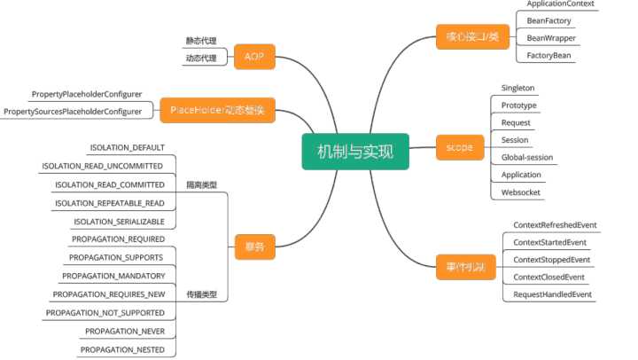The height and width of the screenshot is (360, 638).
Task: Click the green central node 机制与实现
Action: (x=354, y=151)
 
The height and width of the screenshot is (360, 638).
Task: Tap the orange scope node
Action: (x=460, y=147)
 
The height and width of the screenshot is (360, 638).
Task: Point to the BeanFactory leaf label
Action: (x=549, y=20)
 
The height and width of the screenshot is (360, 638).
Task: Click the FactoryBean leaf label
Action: (x=549, y=55)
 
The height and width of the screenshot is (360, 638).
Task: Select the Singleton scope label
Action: (x=517, y=89)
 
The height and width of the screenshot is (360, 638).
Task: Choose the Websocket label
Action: (x=521, y=192)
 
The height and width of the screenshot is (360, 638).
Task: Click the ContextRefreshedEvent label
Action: (x=556, y=225)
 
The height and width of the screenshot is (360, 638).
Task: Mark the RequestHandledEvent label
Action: (x=552, y=293)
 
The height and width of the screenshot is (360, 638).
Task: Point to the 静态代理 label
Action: (x=200, y=41)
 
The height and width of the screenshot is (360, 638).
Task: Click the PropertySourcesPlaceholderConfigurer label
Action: (x=73, y=111)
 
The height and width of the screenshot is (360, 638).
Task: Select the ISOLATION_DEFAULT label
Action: (x=127, y=147)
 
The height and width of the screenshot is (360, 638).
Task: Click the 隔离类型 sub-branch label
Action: (x=201, y=185)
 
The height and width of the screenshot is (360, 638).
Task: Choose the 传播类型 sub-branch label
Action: (x=201, y=294)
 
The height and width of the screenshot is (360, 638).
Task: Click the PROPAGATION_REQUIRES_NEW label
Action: (x=108, y=294)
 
